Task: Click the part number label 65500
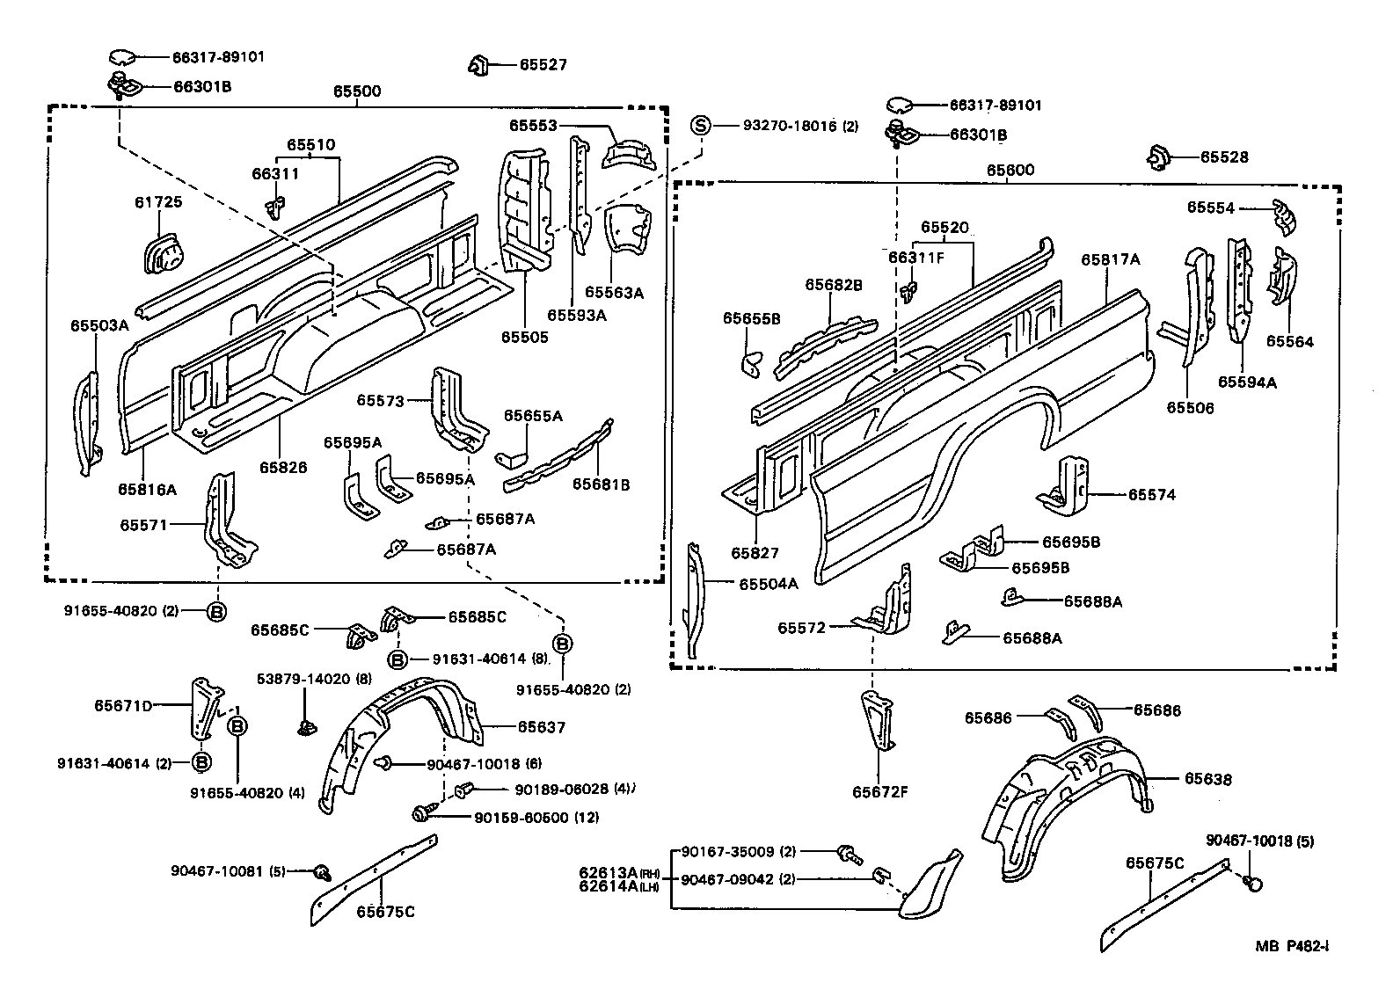click(356, 91)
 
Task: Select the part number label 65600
click(1010, 170)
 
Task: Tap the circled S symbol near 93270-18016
click(700, 126)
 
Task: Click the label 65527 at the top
click(543, 65)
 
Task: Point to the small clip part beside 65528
click(1159, 157)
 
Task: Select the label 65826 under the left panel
click(283, 468)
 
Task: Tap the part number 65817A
click(1110, 259)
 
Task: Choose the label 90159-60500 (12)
click(536, 817)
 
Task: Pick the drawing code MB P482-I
click(1291, 947)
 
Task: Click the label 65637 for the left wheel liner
click(541, 727)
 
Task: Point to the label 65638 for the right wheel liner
click(1207, 779)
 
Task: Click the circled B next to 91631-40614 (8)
click(397, 659)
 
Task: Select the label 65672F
click(879, 791)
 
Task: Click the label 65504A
click(768, 584)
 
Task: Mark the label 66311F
click(915, 257)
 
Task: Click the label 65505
click(525, 337)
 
